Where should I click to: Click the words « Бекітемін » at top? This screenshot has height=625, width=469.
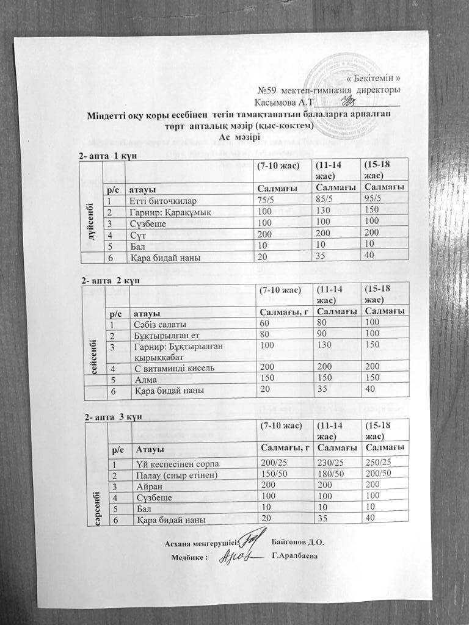point(377,78)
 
